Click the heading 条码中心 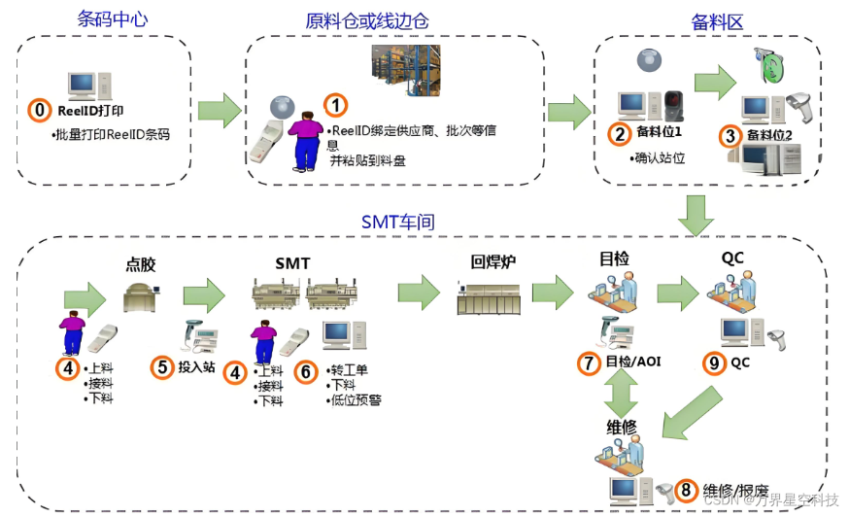pos(113,19)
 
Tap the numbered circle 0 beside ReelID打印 pos(39,111)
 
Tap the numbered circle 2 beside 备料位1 pos(618,134)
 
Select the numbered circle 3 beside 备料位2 pos(730,135)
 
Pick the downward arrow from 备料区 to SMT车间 pos(696,215)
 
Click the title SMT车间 pos(397,223)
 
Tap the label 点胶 pos(142,264)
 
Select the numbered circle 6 pos(305,370)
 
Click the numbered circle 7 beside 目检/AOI pos(589,363)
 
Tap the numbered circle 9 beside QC pos(714,363)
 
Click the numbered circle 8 pos(686,490)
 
